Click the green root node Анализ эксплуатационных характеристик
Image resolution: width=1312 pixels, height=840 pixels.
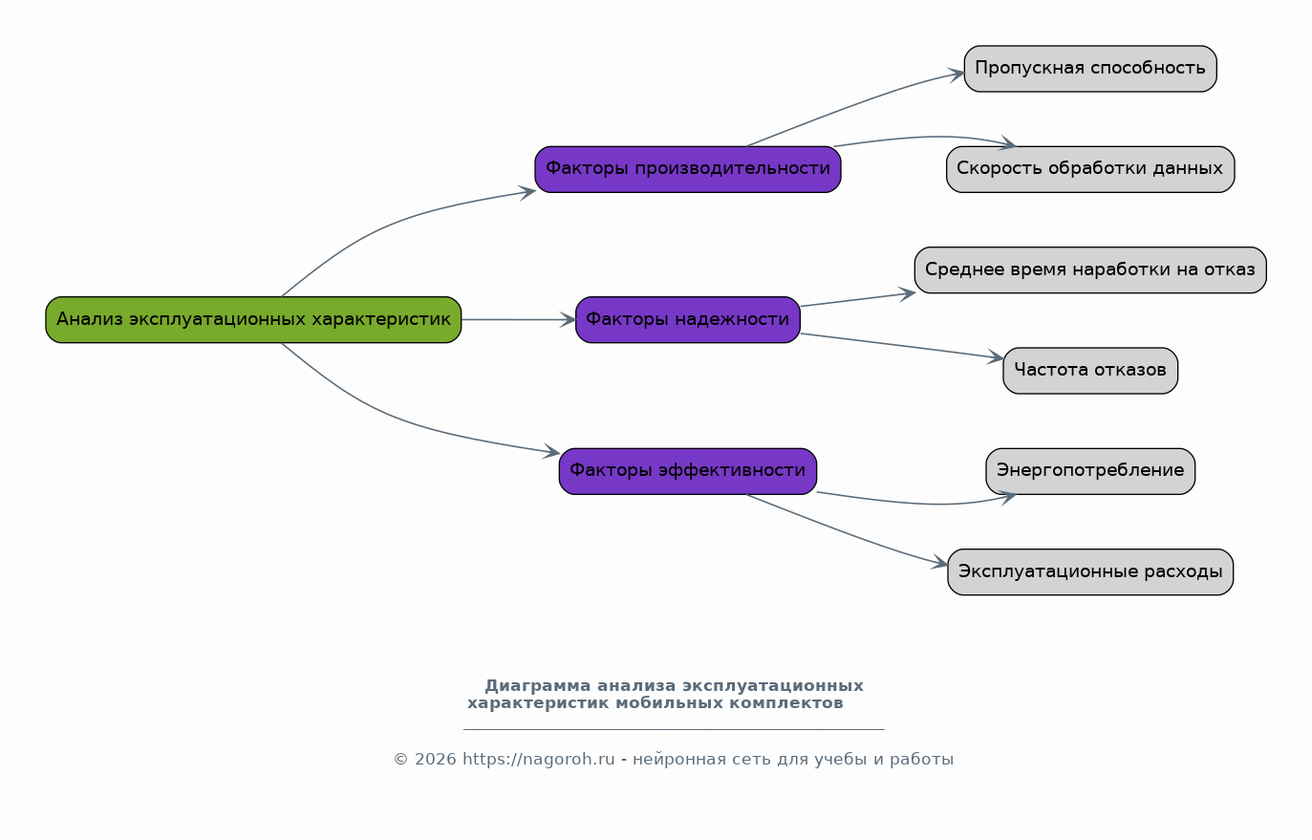253,319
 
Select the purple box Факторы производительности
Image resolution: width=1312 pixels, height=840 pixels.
688,169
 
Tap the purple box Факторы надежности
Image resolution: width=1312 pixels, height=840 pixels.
688,319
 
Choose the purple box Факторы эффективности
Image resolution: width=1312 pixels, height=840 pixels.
688,471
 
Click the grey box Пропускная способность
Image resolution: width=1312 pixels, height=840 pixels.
1090,69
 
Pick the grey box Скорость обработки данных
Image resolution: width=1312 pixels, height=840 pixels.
1090,169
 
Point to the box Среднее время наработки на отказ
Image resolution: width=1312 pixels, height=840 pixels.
1090,269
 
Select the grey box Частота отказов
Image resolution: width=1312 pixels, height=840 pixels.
1090,371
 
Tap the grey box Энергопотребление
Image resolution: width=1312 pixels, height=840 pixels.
1090,471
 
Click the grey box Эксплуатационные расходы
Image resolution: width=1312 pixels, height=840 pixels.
1090,571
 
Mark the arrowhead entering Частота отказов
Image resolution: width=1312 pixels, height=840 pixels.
997,358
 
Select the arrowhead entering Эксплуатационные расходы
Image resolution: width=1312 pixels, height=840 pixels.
940,564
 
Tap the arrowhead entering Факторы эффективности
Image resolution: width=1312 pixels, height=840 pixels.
552,451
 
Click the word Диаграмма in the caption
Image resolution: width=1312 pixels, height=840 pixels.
538,686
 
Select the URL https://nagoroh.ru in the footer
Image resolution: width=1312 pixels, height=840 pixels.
539,760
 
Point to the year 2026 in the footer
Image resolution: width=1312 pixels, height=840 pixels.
436,760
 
